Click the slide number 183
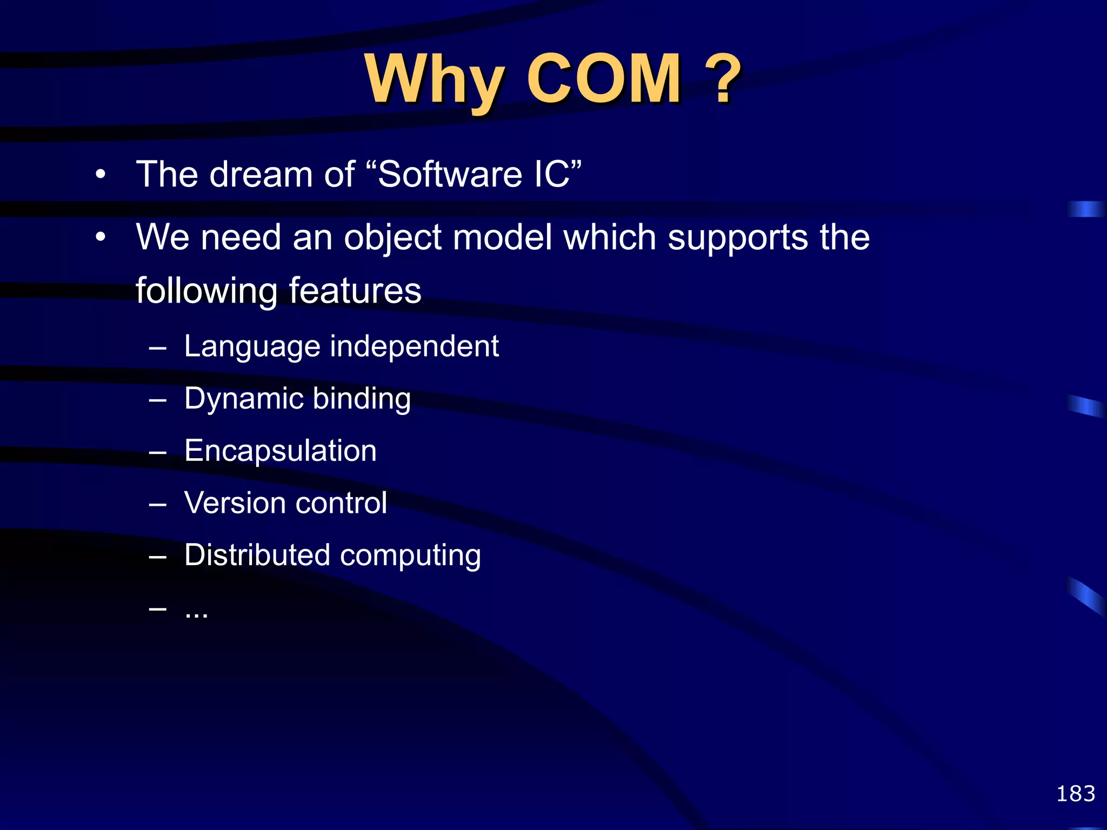[1075, 794]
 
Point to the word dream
[261, 175]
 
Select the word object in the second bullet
[393, 238]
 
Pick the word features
[355, 291]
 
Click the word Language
[252, 347]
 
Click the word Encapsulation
[280, 451]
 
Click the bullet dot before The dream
[101, 175]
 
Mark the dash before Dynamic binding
[157, 400]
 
